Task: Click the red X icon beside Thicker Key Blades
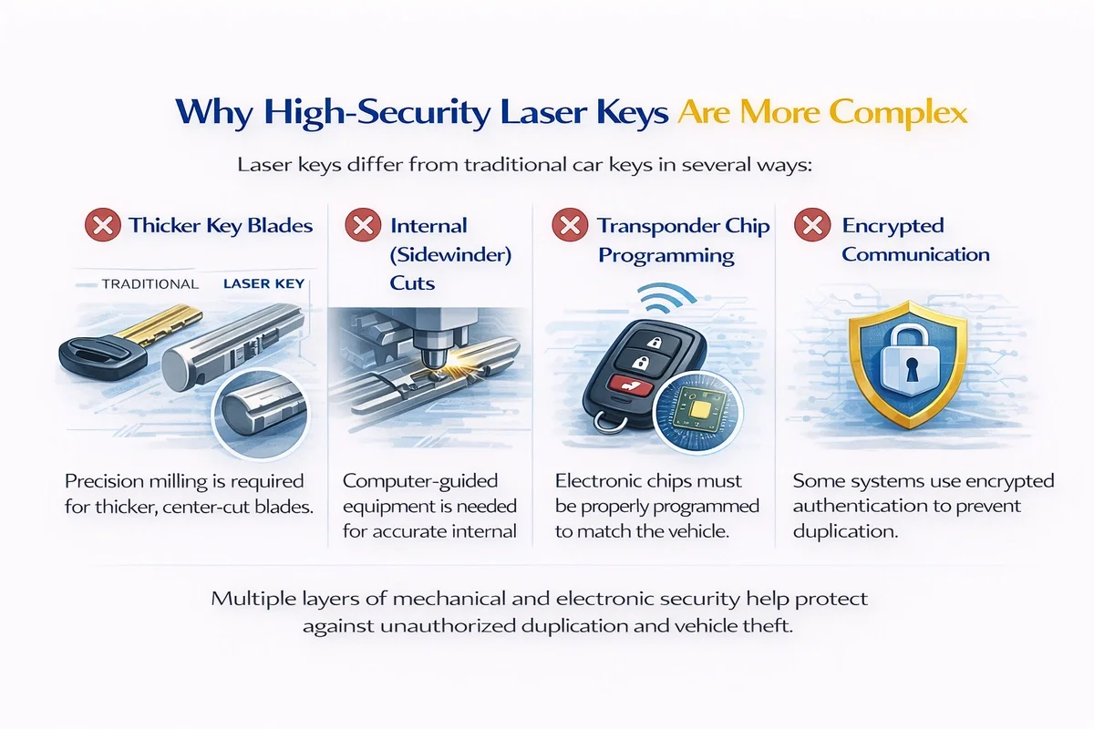(102, 224)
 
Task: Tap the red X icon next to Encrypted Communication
(812, 224)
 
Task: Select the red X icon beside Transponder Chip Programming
(570, 224)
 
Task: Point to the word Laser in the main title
(543, 112)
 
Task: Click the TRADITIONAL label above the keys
(150, 284)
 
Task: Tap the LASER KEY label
(263, 283)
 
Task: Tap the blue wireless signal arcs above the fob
(666, 298)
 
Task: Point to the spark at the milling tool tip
(439, 373)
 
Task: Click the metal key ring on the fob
(611, 423)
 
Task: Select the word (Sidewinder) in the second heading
(450, 255)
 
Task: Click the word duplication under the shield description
(845, 531)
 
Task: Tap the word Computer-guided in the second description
(420, 481)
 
